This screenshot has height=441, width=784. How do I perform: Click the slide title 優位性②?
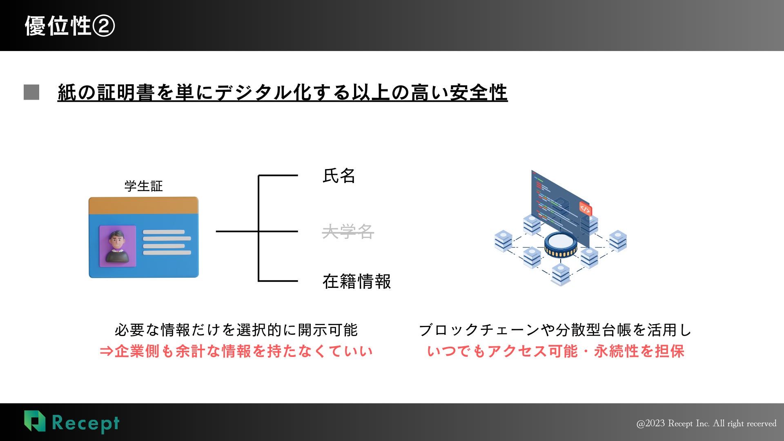pos(70,26)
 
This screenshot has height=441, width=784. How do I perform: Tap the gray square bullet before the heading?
pos(31,92)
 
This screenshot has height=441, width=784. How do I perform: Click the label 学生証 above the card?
pos(143,186)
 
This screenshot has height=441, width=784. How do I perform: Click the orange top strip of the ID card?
pos(143,205)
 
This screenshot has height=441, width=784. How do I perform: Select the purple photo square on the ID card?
pos(118,246)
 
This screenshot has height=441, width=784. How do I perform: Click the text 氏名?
pos(339,176)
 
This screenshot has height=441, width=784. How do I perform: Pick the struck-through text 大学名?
pos(348,232)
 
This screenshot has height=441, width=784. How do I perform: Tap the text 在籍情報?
pos(356,281)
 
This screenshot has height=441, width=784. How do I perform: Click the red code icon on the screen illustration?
pos(585,209)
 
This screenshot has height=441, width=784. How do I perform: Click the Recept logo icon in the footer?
pos(35,421)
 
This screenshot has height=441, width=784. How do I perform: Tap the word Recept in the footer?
pos(86,423)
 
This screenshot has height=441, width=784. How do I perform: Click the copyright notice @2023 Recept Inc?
pos(706,423)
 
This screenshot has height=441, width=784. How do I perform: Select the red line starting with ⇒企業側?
pos(236,351)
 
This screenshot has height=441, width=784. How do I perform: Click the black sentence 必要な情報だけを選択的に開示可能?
pos(236,330)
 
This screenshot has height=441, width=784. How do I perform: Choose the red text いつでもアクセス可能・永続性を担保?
pos(555,351)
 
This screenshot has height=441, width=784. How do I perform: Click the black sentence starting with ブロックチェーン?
pos(555,330)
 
